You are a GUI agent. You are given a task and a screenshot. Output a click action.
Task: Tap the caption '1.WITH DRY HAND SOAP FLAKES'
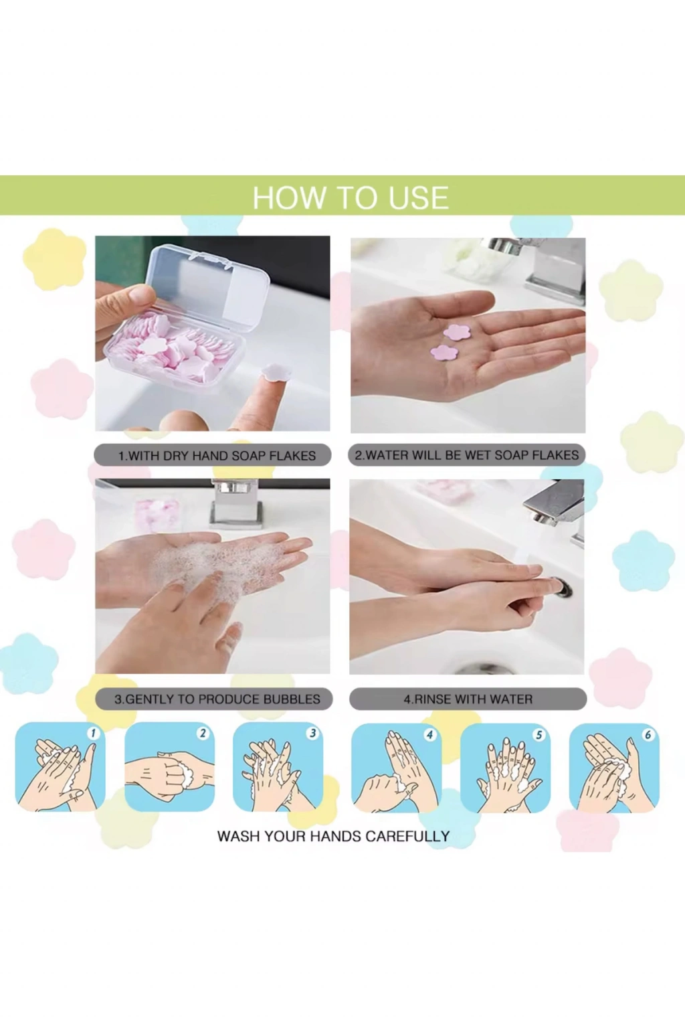pyautogui.click(x=217, y=456)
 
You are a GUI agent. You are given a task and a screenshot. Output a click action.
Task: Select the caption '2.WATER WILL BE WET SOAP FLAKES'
pyautogui.click(x=467, y=455)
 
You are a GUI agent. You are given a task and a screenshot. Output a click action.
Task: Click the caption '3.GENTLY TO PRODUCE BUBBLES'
pyautogui.click(x=217, y=699)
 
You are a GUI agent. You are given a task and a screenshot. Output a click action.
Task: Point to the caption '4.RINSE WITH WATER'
pyautogui.click(x=468, y=699)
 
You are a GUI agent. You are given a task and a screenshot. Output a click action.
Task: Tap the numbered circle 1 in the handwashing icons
pyautogui.click(x=93, y=733)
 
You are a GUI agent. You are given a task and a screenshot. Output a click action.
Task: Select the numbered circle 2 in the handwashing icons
pyautogui.click(x=203, y=733)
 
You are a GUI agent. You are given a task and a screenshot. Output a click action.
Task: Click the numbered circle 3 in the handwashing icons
pyautogui.click(x=312, y=733)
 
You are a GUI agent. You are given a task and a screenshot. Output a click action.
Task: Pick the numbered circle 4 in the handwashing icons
pyautogui.click(x=429, y=735)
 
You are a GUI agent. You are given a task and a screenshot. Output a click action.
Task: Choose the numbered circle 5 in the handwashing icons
pyautogui.click(x=539, y=735)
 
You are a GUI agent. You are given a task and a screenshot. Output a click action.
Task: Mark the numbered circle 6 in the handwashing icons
pyautogui.click(x=648, y=735)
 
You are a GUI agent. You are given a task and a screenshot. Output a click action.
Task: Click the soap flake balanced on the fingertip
pyautogui.click(x=274, y=372)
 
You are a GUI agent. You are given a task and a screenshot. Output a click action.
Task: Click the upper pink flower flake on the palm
pyautogui.click(x=456, y=332)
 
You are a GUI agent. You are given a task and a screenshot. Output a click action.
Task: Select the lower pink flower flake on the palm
pyautogui.click(x=444, y=353)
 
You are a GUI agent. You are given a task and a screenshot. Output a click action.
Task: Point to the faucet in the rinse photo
pyautogui.click(x=555, y=509)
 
